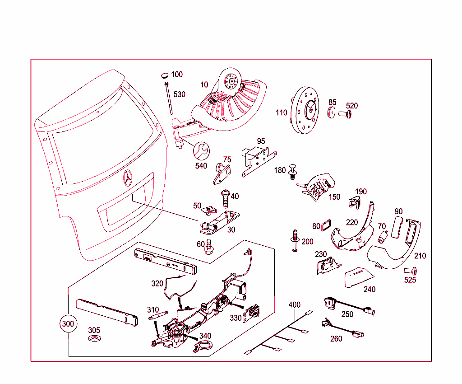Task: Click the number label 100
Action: click(x=177, y=75)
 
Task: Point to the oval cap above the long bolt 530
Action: click(x=165, y=74)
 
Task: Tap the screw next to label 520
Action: click(x=346, y=114)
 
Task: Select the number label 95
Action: click(x=261, y=141)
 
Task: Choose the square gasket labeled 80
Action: click(x=326, y=226)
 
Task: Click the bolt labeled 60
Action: click(x=208, y=246)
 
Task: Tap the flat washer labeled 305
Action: click(x=94, y=339)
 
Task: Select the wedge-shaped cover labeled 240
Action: click(x=359, y=277)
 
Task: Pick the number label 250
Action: click(x=347, y=314)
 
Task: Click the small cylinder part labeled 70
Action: click(x=383, y=237)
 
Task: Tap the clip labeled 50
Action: click(x=208, y=209)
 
